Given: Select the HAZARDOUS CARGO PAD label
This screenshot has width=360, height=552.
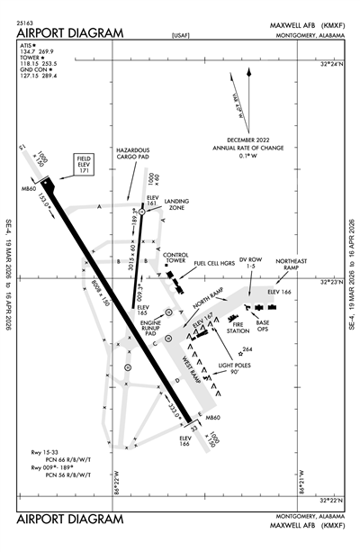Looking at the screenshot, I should point(131,153).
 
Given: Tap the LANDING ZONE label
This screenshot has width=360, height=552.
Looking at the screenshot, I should point(176,205).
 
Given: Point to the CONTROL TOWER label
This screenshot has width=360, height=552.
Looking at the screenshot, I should point(175,258).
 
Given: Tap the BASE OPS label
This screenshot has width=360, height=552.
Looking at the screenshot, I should point(264,325).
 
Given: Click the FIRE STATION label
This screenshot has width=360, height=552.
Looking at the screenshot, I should point(238,329).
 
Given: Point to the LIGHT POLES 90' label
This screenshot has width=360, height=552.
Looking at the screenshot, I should point(237,369).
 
